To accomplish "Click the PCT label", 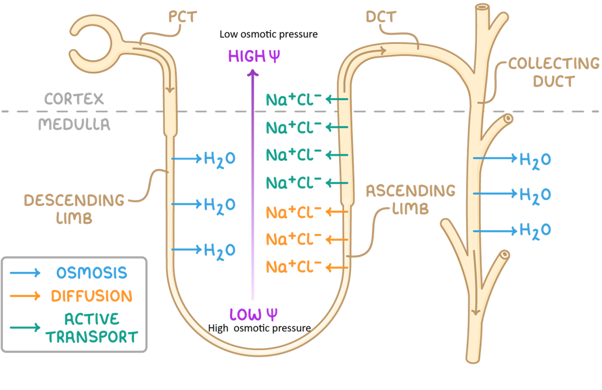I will point(182,17).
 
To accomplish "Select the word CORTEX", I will point(74,99).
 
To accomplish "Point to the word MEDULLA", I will point(74,125).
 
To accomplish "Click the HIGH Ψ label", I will point(254,56).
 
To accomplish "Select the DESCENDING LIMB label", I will point(74,208).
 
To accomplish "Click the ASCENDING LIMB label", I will point(410,199).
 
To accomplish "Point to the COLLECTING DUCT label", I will point(554,72).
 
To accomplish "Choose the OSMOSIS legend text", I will point(92,273).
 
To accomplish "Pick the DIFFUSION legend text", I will point(91,296).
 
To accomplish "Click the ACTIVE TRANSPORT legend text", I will point(91,328).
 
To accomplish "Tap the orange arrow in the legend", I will point(25,296).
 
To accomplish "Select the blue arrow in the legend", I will point(25,273).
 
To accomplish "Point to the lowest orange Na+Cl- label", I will point(293,267).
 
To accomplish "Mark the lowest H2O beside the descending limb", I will point(219,250).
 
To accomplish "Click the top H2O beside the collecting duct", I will point(535,159).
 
